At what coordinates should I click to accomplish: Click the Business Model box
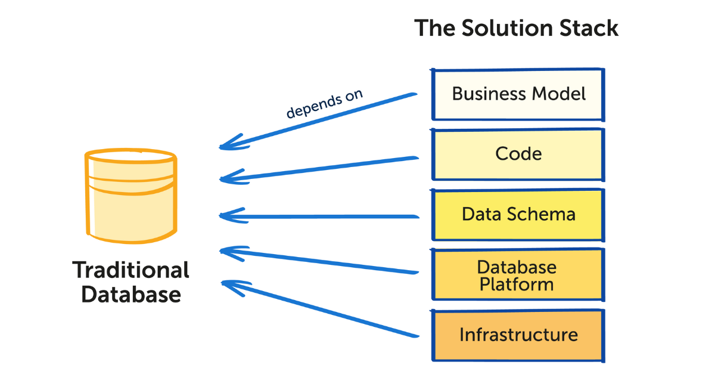click(518, 94)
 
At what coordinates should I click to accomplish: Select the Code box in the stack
click(518, 154)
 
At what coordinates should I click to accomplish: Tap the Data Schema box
click(518, 215)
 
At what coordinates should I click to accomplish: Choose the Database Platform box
click(518, 275)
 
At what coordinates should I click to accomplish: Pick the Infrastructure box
click(518, 335)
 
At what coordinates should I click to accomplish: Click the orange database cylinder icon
click(130, 196)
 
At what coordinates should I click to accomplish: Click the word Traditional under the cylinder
click(131, 270)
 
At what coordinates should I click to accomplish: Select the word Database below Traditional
click(131, 295)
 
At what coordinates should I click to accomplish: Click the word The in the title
click(434, 29)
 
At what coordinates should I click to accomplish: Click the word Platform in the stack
click(517, 284)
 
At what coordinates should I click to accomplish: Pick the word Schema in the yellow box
click(546, 215)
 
